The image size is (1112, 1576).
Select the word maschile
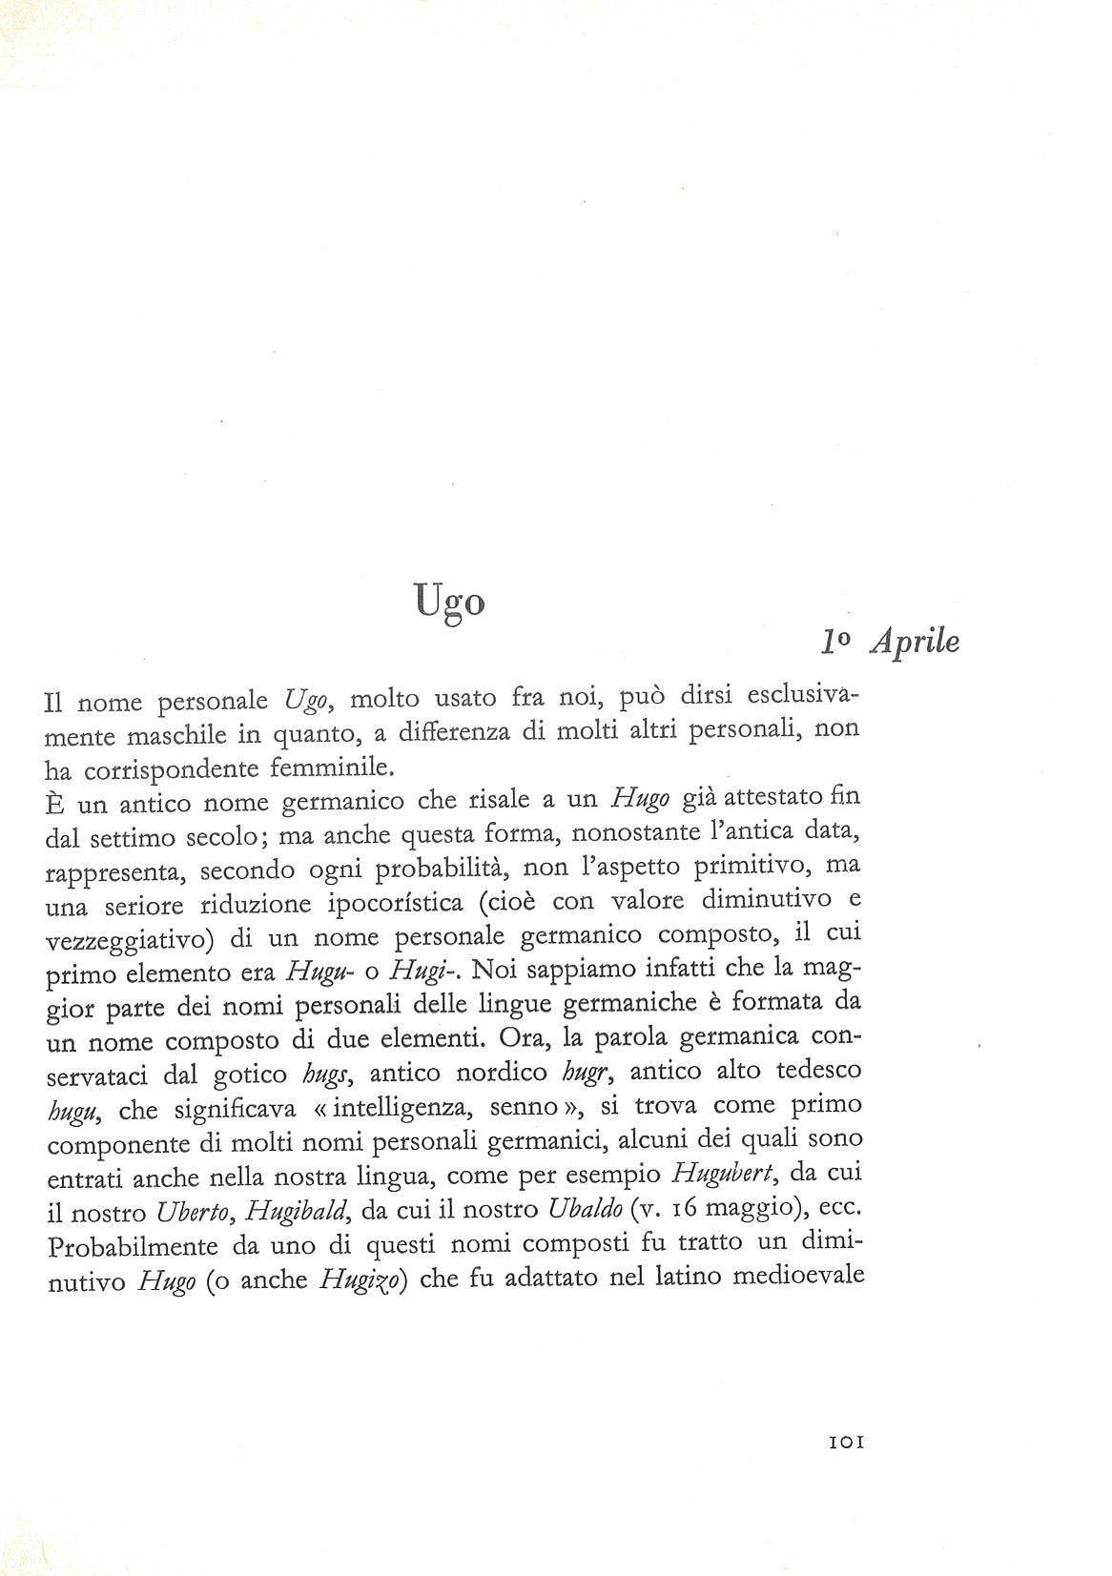[x=191, y=736]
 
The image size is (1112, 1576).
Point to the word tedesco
[x=818, y=1070]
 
